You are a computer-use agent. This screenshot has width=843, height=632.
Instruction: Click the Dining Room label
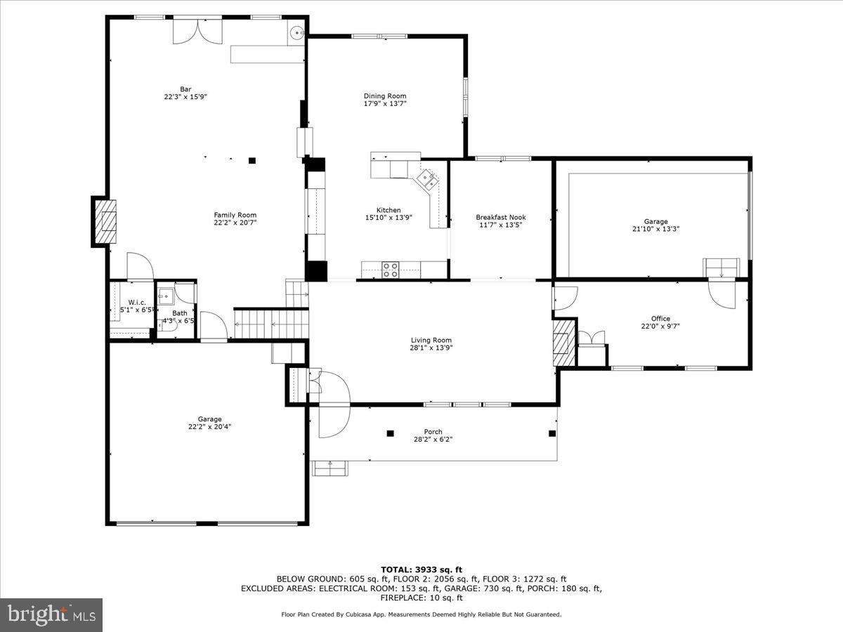[x=384, y=96]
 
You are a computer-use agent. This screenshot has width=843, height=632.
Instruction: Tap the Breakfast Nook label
[x=500, y=218]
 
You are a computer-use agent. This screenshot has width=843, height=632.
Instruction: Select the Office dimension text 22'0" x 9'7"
[x=660, y=326]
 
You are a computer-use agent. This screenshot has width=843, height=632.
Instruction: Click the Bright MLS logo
[x=51, y=615]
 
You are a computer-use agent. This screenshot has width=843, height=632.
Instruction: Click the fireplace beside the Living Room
[x=563, y=342]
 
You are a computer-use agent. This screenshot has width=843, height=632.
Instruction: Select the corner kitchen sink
[x=428, y=180]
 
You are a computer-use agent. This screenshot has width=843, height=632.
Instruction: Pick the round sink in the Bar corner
[x=296, y=32]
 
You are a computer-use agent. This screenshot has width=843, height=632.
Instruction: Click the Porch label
[x=433, y=432]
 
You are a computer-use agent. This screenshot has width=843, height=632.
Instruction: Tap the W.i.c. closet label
[x=136, y=303]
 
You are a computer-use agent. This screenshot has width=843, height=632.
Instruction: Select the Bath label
[x=180, y=313]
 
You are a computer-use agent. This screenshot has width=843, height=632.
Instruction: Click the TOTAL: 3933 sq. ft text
[x=421, y=570]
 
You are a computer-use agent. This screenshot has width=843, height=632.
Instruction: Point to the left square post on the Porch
[x=391, y=433]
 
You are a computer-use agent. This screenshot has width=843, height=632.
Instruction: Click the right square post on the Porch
[x=551, y=433]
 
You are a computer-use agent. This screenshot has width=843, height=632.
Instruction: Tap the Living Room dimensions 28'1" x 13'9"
[x=431, y=347]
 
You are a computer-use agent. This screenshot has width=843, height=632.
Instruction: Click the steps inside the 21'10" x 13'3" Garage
[x=721, y=268]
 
